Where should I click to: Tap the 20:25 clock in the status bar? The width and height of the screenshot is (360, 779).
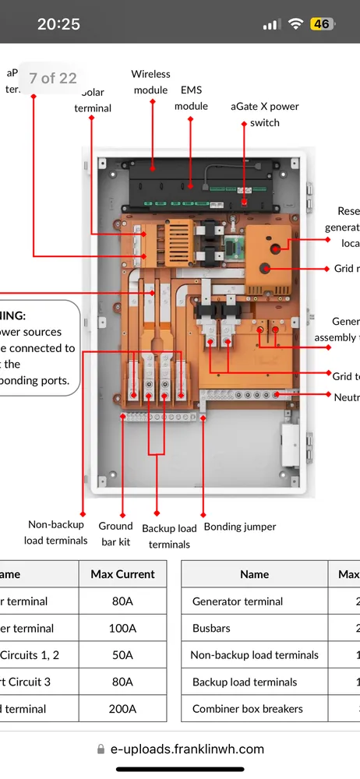click(x=58, y=24)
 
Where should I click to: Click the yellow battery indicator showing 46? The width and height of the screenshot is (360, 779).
click(x=321, y=24)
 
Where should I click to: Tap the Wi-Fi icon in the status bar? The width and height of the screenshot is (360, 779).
click(x=295, y=24)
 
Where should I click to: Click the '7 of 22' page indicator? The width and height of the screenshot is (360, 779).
click(x=52, y=78)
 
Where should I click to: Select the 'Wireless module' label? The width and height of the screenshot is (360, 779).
click(x=150, y=82)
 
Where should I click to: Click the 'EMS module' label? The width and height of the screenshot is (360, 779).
click(x=191, y=98)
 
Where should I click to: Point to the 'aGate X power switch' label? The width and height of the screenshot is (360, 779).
click(x=265, y=115)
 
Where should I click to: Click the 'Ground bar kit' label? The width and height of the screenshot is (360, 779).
click(x=115, y=534)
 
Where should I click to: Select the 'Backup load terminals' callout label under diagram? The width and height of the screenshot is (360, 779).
click(x=169, y=536)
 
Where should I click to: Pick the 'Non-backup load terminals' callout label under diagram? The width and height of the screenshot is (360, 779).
click(x=55, y=533)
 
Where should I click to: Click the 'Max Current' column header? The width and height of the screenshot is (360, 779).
click(x=122, y=574)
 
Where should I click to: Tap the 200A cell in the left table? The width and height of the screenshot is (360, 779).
click(x=122, y=709)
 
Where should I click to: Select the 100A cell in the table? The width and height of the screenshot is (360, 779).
click(x=122, y=628)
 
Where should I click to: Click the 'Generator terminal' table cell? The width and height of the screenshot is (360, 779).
click(x=238, y=601)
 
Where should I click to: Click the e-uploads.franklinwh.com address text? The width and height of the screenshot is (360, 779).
click(x=187, y=749)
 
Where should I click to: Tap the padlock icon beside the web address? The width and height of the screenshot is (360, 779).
click(x=101, y=749)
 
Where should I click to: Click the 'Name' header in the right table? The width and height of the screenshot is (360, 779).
click(x=254, y=574)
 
